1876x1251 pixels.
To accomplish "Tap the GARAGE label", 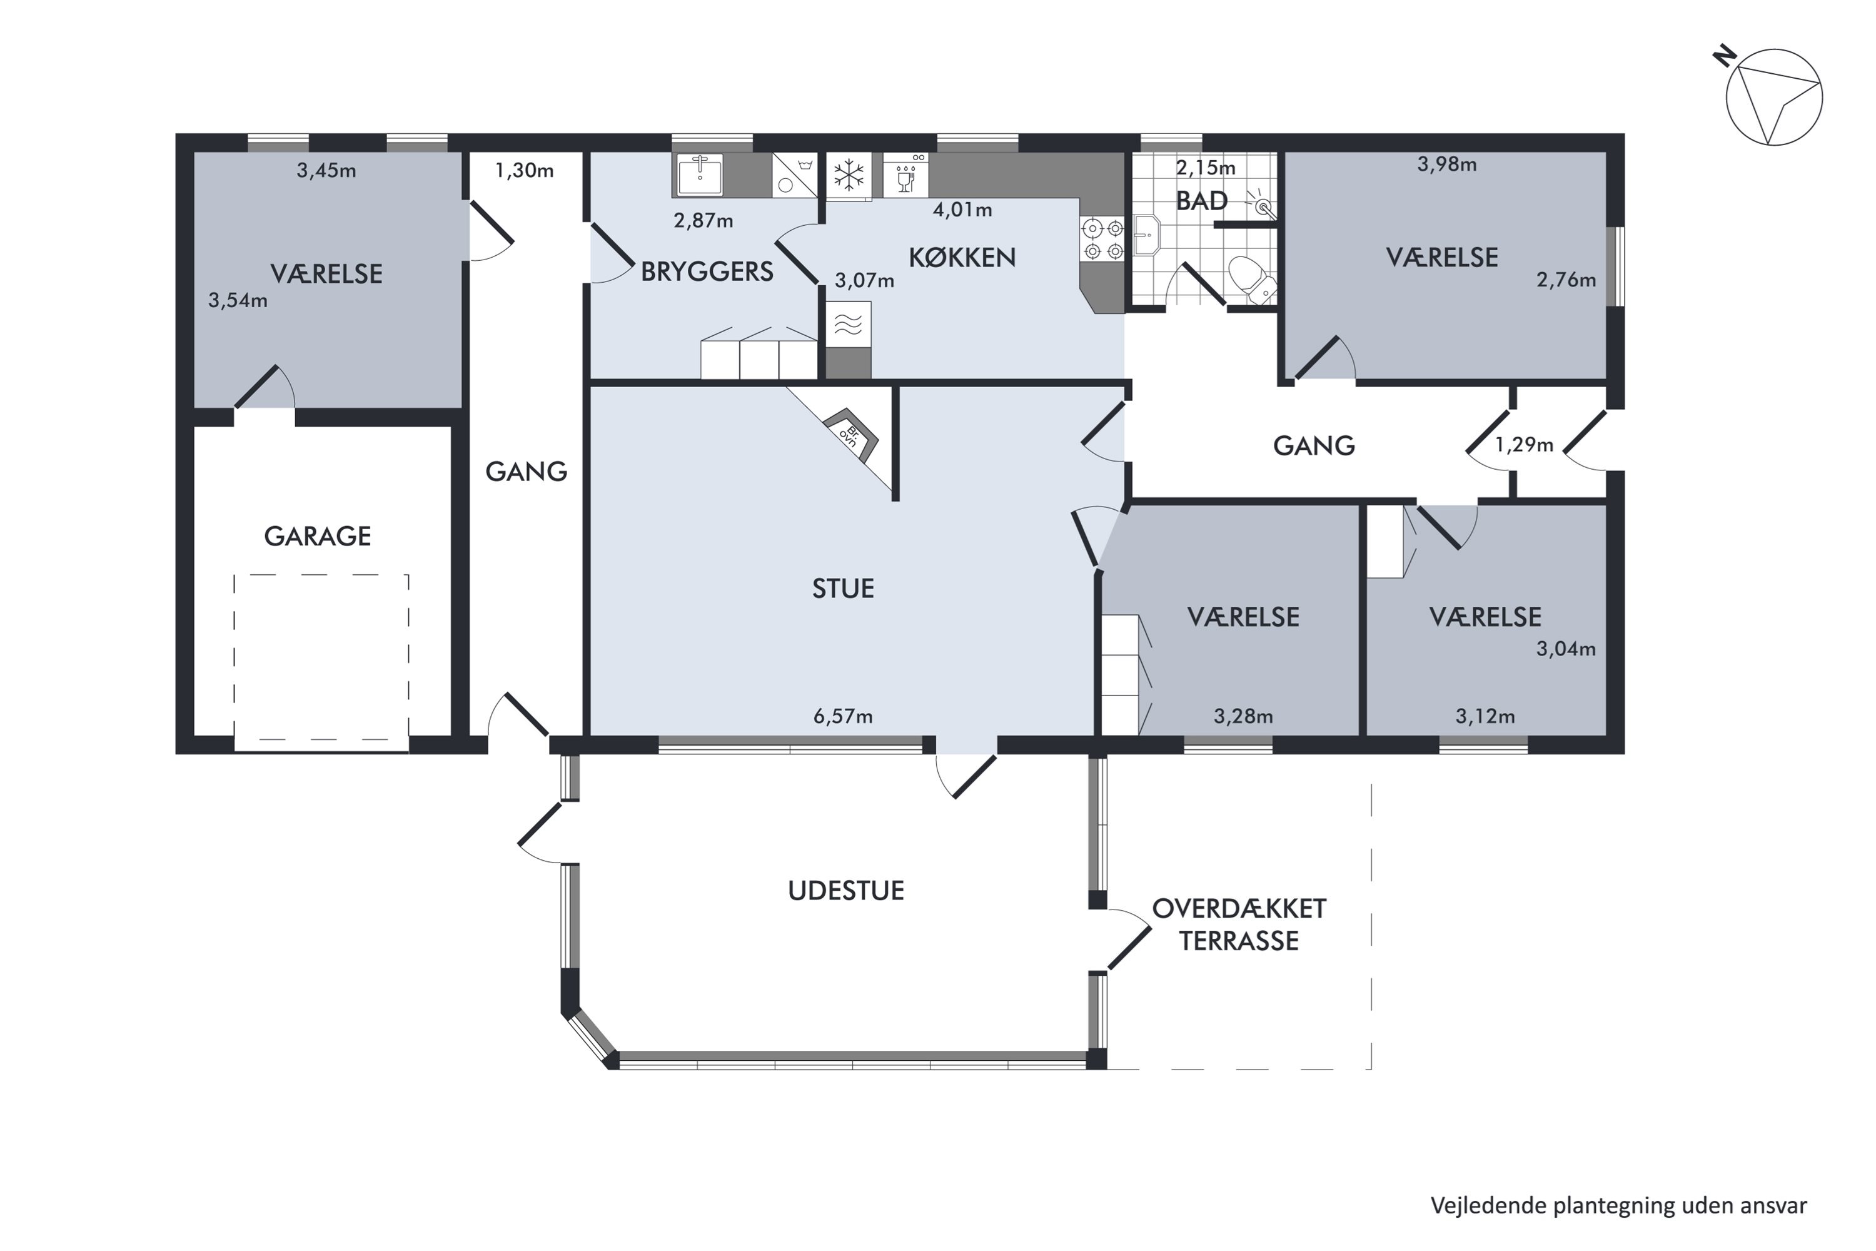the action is tap(318, 536).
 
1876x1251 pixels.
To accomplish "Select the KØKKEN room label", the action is tap(962, 257).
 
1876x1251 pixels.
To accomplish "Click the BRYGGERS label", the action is tap(707, 272).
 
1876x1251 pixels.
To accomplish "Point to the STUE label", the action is tap(843, 589).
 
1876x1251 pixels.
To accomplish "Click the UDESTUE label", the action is tap(846, 890).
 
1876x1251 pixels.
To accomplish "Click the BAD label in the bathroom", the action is tap(1202, 200).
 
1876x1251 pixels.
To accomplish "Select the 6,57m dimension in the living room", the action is tap(843, 716).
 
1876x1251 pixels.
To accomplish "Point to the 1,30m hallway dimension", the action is tap(524, 171).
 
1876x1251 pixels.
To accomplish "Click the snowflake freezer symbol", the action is tap(849, 175).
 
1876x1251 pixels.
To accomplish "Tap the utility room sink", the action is tap(700, 175).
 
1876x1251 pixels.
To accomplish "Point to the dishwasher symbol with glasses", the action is tap(906, 175).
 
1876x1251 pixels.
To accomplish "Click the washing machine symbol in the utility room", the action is tap(794, 175).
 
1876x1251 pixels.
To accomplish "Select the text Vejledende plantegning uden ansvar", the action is tap(1618, 1205).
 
